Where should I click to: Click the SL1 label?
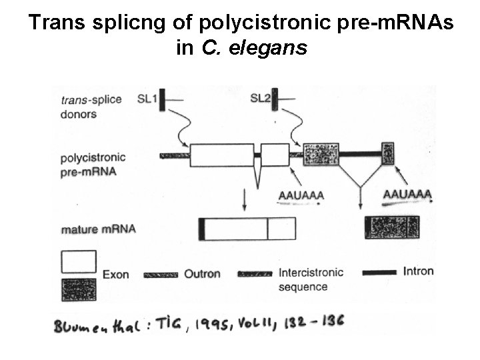tap(147, 99)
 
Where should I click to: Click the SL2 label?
tap(260, 99)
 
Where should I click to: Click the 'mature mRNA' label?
tap(98, 229)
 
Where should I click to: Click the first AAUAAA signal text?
tap(301, 195)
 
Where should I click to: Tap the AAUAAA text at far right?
tap(407, 195)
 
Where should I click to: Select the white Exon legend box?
tap(79, 262)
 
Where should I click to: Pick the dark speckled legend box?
tap(79, 289)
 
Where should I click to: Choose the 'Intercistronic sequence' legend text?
tap(311, 279)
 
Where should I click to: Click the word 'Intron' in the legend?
tap(418, 272)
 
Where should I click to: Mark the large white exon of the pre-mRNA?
tap(221, 155)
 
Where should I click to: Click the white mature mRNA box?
tap(247, 229)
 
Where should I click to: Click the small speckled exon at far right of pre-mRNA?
tap(388, 154)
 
